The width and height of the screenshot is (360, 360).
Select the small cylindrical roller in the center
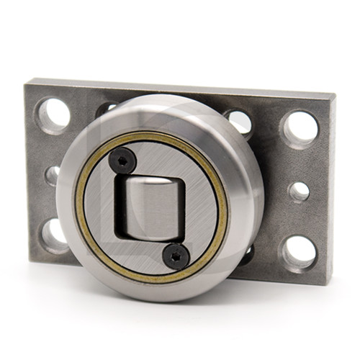pos(150,206)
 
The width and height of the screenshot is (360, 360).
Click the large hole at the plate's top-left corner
pos(53,114)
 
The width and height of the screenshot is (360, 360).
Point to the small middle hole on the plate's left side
pos(52,175)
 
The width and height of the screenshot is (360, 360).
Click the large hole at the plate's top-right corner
pos(300,128)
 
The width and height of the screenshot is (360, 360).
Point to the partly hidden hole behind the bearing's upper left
pos(107,109)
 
